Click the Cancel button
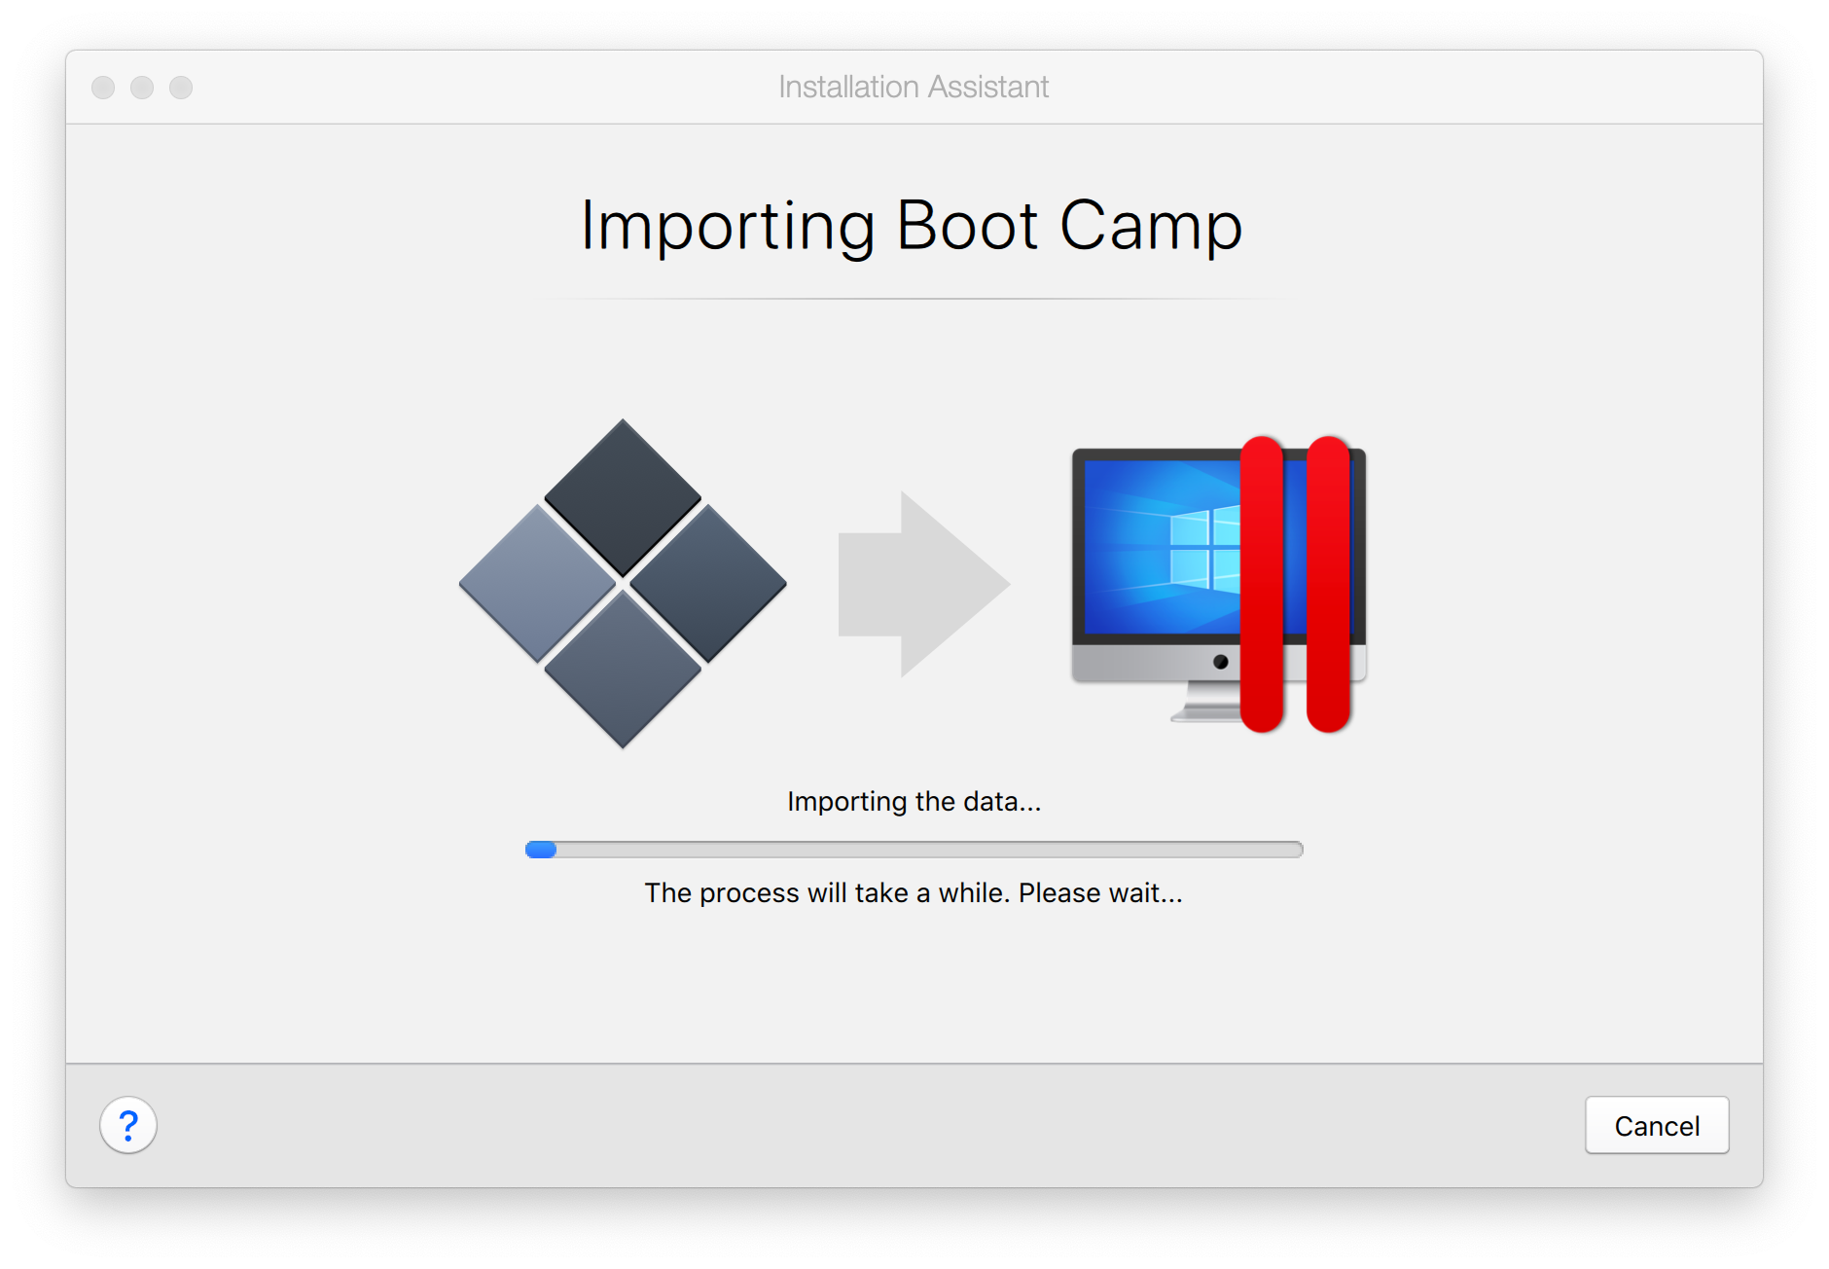click(x=1657, y=1125)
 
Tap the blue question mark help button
click(x=128, y=1125)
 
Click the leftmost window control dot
click(x=103, y=88)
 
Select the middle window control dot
click(x=142, y=88)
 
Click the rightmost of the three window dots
click(x=181, y=88)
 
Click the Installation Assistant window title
click(x=914, y=87)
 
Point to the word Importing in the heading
click(x=729, y=227)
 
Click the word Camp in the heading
click(x=1151, y=227)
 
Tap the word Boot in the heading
click(x=967, y=225)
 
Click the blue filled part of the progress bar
click(x=541, y=850)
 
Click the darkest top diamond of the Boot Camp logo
click(x=623, y=497)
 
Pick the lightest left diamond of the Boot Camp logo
click(x=537, y=584)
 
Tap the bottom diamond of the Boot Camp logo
click(x=623, y=670)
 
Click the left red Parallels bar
click(x=1262, y=584)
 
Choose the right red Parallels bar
click(x=1328, y=584)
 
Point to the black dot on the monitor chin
click(x=1220, y=662)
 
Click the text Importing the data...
click(x=914, y=802)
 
